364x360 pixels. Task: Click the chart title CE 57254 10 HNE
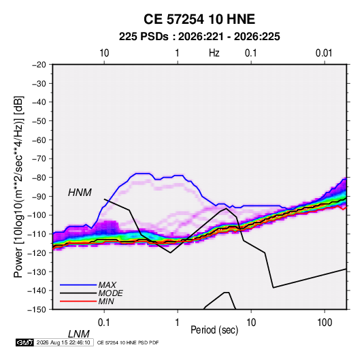[199, 19]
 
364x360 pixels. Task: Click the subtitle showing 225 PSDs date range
[199, 37]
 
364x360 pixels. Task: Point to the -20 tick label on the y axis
[39, 65]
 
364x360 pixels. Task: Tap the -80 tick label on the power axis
[39, 178]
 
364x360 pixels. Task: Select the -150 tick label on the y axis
[37, 310]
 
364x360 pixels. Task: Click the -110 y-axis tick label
[37, 234]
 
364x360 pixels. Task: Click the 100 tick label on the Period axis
[325, 323]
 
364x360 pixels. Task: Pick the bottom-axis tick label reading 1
[178, 323]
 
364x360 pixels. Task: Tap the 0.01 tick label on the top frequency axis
[324, 53]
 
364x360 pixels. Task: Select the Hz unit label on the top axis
[214, 53]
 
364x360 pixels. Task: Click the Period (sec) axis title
[214, 330]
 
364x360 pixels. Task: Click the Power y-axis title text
[18, 187]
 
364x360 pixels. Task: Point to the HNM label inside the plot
[80, 193]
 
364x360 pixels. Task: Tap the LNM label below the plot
[78, 334]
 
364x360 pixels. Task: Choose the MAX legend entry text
[107, 284]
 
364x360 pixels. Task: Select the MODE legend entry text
[110, 293]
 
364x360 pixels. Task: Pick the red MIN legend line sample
[78, 301]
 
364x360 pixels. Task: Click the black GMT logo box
[24, 342]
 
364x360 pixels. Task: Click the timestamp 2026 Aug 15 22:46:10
[63, 342]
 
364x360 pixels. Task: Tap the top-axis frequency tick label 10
[104, 53]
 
